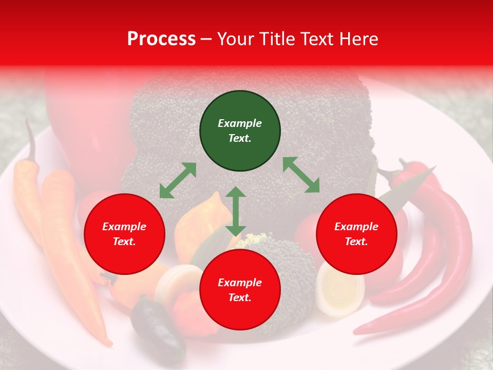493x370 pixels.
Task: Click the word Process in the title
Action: [x=161, y=39]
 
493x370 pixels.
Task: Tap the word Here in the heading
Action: [x=357, y=39]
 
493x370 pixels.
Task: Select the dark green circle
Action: [x=240, y=131]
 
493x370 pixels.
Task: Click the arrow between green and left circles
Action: [x=178, y=180]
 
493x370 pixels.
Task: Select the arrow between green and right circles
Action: [x=301, y=175]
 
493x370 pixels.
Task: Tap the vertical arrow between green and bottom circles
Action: [x=236, y=211]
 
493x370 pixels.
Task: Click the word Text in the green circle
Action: [x=239, y=139]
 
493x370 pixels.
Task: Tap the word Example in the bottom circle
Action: [x=240, y=283]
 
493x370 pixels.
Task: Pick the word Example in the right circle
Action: [x=356, y=227]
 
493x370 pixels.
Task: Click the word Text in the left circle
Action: [x=124, y=242]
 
